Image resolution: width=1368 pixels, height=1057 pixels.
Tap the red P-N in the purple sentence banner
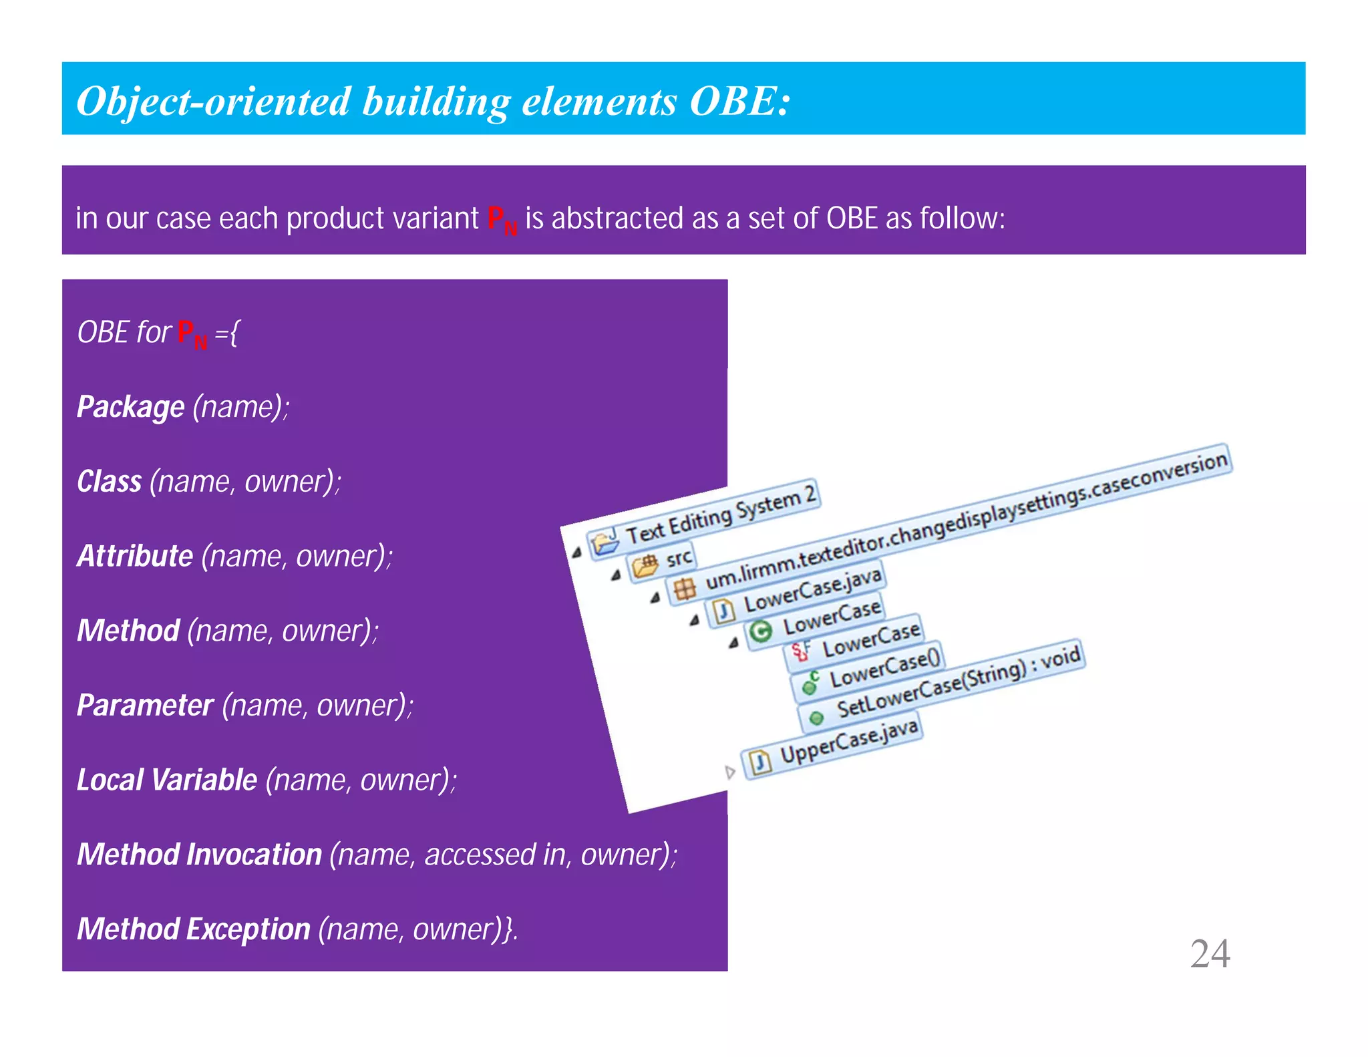click(x=502, y=219)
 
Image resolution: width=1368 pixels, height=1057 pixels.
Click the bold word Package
click(x=130, y=407)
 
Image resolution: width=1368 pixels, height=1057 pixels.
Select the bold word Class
click(x=109, y=482)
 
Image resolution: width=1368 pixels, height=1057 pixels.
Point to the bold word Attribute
click(x=135, y=556)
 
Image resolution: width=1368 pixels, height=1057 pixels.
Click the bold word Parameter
click(x=145, y=706)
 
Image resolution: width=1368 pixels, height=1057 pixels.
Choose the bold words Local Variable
click(x=167, y=780)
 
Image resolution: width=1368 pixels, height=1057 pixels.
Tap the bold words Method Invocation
click(x=199, y=855)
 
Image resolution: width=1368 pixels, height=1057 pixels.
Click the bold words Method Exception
click(x=193, y=929)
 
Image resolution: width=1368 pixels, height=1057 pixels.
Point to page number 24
click(x=1210, y=953)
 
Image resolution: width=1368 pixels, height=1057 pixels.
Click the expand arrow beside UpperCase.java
click(x=730, y=773)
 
